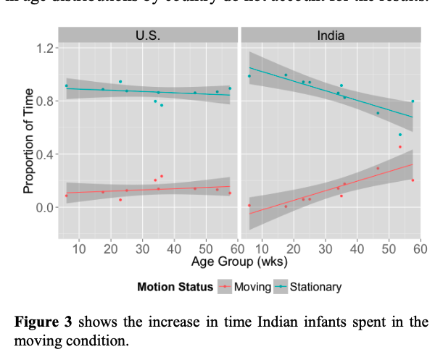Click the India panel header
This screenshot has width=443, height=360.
(331, 34)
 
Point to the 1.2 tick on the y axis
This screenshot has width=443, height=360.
(46, 48)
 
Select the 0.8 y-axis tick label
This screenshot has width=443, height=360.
(46, 101)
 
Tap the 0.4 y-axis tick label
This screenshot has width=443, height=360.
(46, 154)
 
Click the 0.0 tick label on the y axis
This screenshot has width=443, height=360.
(46, 208)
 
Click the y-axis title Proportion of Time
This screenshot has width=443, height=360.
(29, 141)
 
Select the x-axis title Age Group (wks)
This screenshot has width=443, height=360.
(239, 260)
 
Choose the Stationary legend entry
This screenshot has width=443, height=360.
(315, 287)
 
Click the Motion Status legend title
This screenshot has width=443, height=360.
(175, 287)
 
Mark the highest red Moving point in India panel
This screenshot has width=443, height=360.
(399, 147)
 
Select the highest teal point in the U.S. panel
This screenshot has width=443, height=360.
(120, 82)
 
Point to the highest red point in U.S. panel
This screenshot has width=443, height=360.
(162, 176)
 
